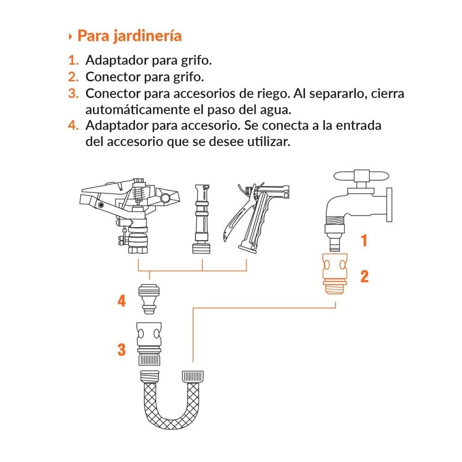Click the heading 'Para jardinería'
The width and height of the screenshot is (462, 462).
[x=129, y=36]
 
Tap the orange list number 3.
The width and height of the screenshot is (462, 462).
[x=73, y=94]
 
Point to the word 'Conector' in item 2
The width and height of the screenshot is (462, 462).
[x=113, y=77]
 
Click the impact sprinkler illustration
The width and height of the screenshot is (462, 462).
[x=129, y=215]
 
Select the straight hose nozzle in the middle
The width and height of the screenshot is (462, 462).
[x=202, y=219]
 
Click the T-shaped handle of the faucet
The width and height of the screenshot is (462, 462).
[x=362, y=176]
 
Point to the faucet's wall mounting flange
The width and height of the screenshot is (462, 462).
[x=389, y=205]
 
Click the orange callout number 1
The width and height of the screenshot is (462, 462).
[x=364, y=240]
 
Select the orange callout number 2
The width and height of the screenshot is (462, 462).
[x=364, y=277]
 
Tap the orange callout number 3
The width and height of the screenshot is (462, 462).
[x=122, y=350]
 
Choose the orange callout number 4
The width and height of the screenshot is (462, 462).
[x=122, y=301]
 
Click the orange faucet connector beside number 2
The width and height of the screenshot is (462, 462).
[x=335, y=273]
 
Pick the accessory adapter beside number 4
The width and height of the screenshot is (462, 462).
[x=150, y=299]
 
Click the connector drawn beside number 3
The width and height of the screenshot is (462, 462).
[x=149, y=344]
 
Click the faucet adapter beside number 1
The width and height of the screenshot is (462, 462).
[x=334, y=237]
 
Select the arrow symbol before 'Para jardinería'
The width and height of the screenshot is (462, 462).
[x=70, y=37]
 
